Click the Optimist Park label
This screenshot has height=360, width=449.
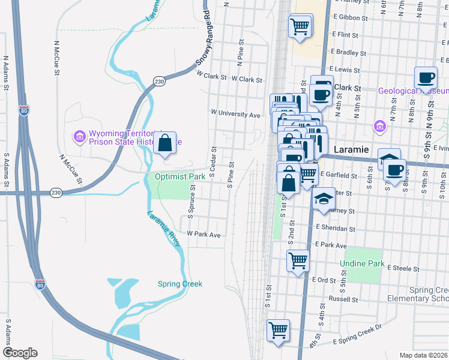tap(180, 177)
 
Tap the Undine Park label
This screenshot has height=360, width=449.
tap(361, 263)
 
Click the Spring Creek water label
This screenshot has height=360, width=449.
tap(180, 284)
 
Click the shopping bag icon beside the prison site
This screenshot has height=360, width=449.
tap(164, 143)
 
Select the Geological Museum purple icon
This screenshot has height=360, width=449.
tap(379, 126)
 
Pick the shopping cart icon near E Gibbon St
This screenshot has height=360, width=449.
tap(299, 26)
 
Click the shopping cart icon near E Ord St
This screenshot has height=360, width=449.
tap(298, 261)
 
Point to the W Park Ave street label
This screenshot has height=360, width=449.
tap(204, 234)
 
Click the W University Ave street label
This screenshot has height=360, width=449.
tap(235, 113)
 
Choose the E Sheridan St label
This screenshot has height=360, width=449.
tap(336, 229)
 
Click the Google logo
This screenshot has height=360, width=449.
tap(20, 353)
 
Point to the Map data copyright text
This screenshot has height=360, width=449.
tap(423, 355)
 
